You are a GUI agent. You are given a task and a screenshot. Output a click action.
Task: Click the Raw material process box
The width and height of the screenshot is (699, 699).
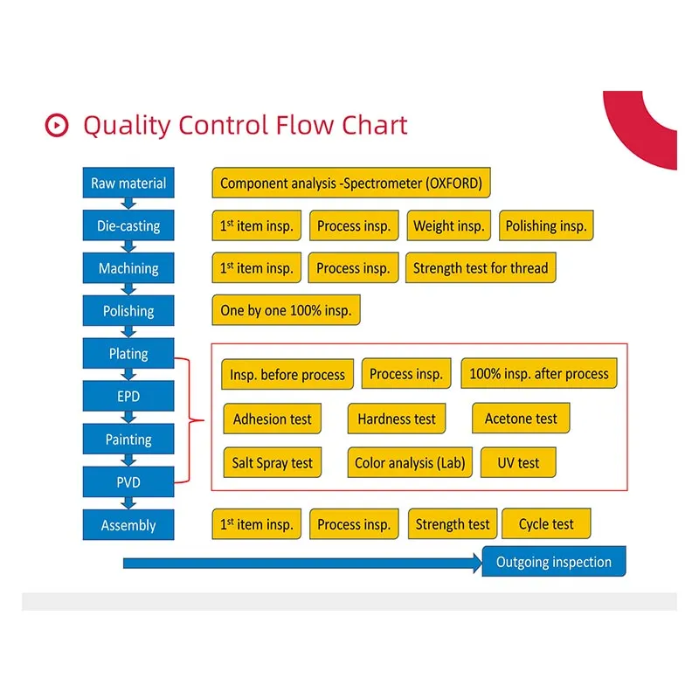pos(128,183)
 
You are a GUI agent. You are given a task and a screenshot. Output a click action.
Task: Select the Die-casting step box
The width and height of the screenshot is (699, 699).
pos(128,226)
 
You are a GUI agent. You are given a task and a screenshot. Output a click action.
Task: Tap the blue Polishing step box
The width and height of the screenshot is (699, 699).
pos(128,311)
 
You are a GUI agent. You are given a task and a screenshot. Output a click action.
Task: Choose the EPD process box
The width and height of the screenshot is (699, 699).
pos(128,397)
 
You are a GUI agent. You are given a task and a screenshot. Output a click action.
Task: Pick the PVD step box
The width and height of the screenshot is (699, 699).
pos(128,482)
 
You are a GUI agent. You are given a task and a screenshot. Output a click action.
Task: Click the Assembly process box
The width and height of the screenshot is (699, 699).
pos(128,525)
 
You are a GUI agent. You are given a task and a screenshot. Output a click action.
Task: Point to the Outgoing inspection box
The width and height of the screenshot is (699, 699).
pos(554,562)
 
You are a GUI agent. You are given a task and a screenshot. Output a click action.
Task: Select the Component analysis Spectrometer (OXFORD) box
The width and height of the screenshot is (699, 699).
pos(351,183)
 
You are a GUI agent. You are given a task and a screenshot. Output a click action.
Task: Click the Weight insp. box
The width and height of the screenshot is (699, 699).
pos(448,226)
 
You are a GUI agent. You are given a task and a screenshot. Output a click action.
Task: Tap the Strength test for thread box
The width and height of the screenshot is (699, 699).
pos(480,268)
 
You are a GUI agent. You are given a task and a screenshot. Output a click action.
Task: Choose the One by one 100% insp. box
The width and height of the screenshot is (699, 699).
pos(286,311)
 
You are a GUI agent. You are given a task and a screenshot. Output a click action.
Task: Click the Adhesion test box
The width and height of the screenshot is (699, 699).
pos(273,419)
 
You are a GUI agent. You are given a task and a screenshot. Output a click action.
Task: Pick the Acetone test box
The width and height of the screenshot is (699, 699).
pos(521,419)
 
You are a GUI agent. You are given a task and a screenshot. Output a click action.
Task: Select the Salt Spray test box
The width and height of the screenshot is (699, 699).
pos(272,463)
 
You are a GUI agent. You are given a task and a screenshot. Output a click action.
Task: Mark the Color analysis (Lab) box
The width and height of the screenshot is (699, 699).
pos(410,463)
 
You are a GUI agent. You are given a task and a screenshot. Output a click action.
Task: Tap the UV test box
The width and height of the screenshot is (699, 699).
pos(518,463)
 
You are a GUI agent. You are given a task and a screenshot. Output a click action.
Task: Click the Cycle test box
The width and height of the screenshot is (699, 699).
pos(546,524)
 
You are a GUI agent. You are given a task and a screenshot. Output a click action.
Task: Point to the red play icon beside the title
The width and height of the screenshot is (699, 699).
pos(56,126)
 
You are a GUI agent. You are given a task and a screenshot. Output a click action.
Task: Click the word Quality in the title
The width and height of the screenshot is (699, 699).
pos(126,126)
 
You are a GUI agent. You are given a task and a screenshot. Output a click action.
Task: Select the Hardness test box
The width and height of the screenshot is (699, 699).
pos(397,419)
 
